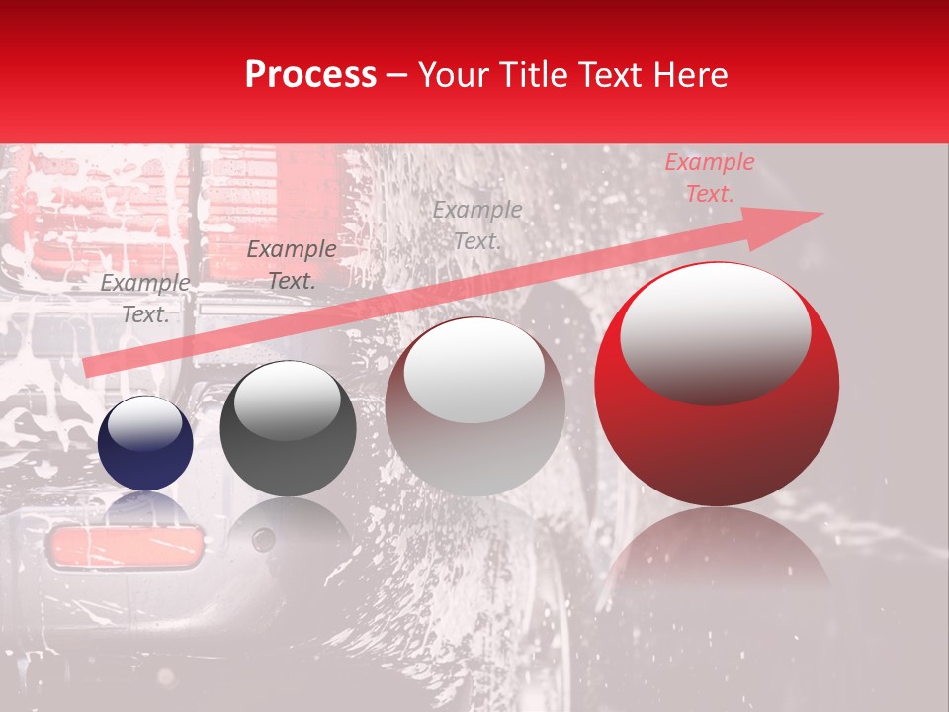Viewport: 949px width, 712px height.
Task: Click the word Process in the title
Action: pyautogui.click(x=310, y=75)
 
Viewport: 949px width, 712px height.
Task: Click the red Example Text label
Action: pyautogui.click(x=709, y=178)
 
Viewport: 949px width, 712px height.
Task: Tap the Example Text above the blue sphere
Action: pyautogui.click(x=145, y=299)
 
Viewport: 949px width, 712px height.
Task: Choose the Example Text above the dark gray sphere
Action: pyautogui.click(x=291, y=265)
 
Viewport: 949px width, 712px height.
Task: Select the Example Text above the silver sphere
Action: pyautogui.click(x=477, y=224)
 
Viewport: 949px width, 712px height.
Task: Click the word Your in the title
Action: pyautogui.click(x=450, y=75)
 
